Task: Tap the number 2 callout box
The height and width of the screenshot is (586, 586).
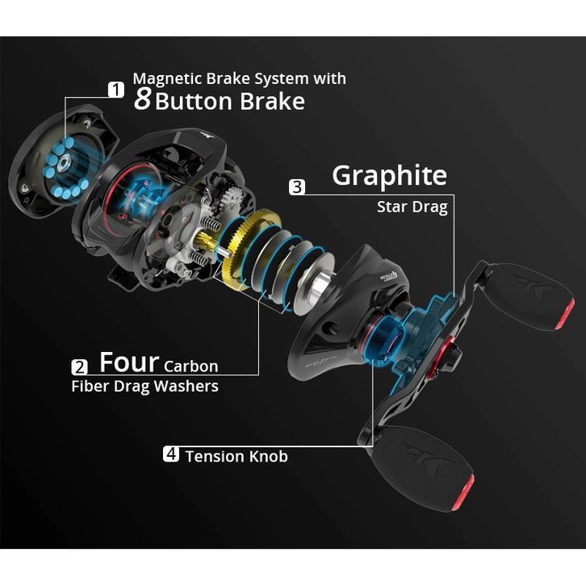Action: coord(80,366)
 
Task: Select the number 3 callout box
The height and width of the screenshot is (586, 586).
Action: coord(297,187)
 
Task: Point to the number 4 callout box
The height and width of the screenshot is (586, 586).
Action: coord(170,454)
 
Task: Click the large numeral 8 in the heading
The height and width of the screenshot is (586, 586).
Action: coord(142,101)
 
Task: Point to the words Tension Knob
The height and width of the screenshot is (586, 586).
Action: coord(236,456)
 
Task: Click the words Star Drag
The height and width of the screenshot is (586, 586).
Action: coord(412,207)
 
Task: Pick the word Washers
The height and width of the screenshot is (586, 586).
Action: coord(186,386)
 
